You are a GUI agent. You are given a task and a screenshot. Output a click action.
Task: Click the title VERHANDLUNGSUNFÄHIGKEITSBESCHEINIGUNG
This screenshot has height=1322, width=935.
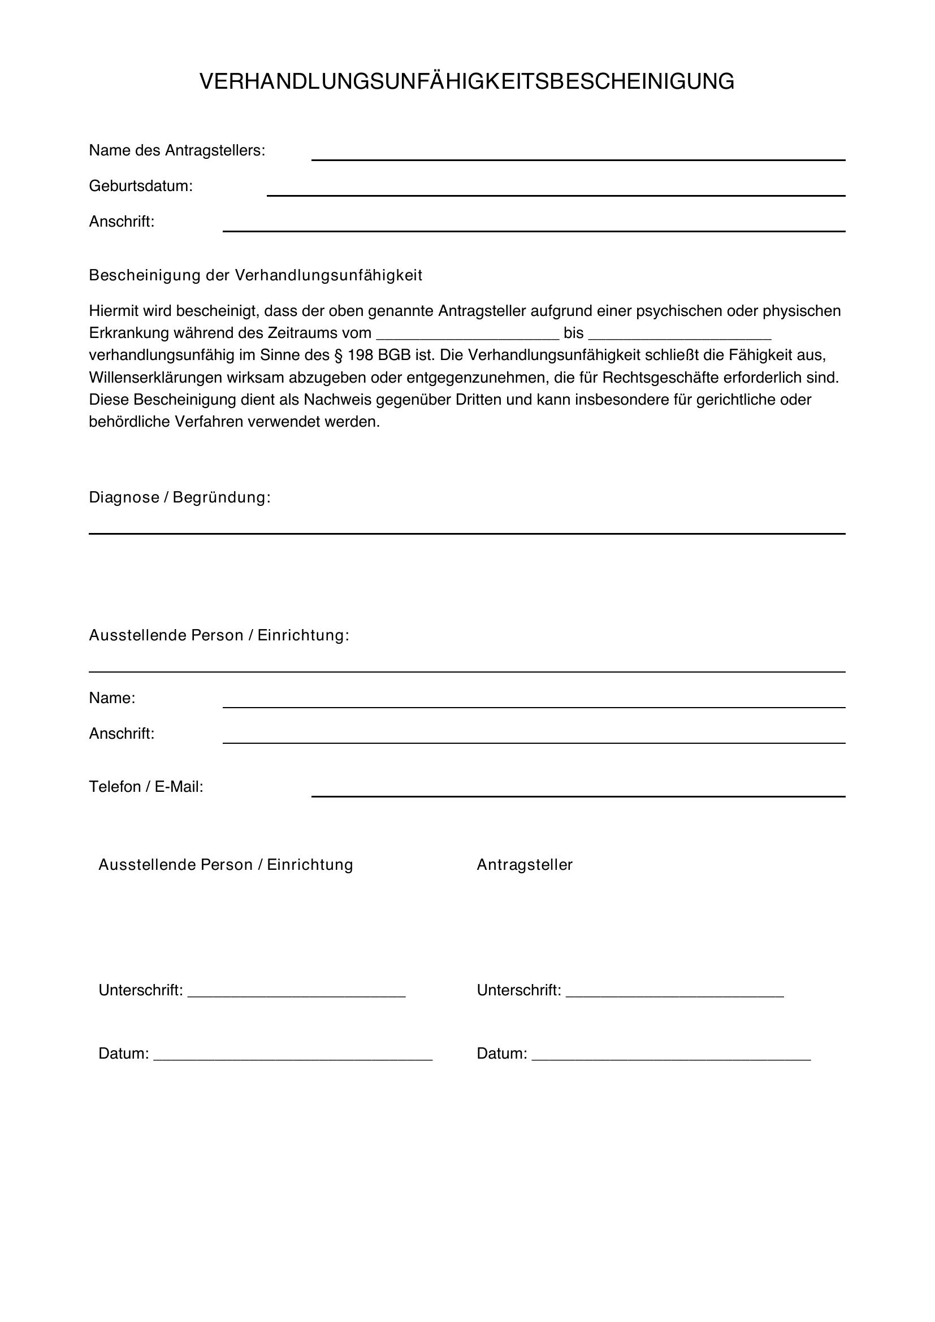pos(467,82)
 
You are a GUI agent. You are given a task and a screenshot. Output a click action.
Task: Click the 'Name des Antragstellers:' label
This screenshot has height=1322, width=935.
pos(177,151)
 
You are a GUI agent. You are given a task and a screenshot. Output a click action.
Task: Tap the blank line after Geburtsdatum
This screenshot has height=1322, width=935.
pos(556,194)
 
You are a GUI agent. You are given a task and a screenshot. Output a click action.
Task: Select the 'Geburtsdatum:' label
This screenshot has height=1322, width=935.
pos(141,187)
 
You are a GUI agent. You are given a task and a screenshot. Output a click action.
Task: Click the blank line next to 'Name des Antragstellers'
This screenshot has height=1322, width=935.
pos(578,159)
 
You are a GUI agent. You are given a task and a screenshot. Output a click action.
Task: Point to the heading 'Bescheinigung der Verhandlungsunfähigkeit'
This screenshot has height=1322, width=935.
pos(255,276)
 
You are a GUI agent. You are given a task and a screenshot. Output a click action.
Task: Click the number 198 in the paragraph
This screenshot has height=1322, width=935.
pos(361,356)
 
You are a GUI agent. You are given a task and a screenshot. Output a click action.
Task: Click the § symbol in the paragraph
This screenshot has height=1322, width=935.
pos(339,356)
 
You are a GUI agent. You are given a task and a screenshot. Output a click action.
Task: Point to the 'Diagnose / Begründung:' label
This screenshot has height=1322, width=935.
pos(180,497)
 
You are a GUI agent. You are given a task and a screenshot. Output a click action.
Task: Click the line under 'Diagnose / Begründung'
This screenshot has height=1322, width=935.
pos(467,533)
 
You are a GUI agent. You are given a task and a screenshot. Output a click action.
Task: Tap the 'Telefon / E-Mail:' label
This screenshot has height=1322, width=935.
pos(146,787)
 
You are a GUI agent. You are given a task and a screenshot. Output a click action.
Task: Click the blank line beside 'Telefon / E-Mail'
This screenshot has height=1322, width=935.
pos(578,796)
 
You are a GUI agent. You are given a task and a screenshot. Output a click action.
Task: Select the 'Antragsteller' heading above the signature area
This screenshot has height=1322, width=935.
pos(525,865)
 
